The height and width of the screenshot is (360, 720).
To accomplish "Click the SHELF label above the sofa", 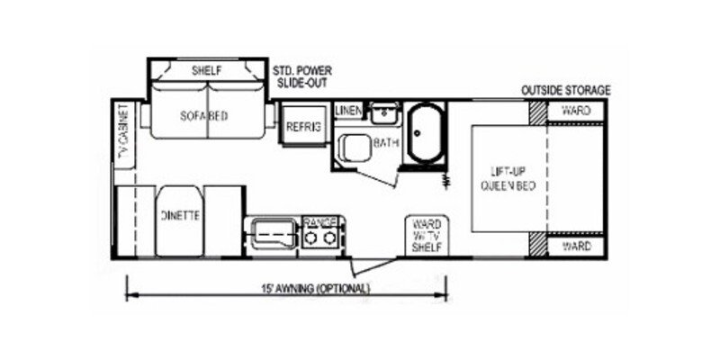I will (207, 69).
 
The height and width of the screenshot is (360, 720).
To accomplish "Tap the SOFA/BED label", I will (203, 116).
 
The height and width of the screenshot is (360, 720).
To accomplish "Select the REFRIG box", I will (302, 126).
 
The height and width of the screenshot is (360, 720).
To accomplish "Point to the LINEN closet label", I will (347, 111).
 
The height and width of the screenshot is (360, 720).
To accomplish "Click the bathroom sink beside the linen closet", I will (384, 113).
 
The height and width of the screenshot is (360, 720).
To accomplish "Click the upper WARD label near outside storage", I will (576, 111).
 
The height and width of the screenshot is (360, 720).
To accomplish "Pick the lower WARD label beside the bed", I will (576, 245).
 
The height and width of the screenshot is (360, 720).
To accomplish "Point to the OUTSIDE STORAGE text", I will (566, 90).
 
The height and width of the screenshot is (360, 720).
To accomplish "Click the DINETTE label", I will (180, 216).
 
